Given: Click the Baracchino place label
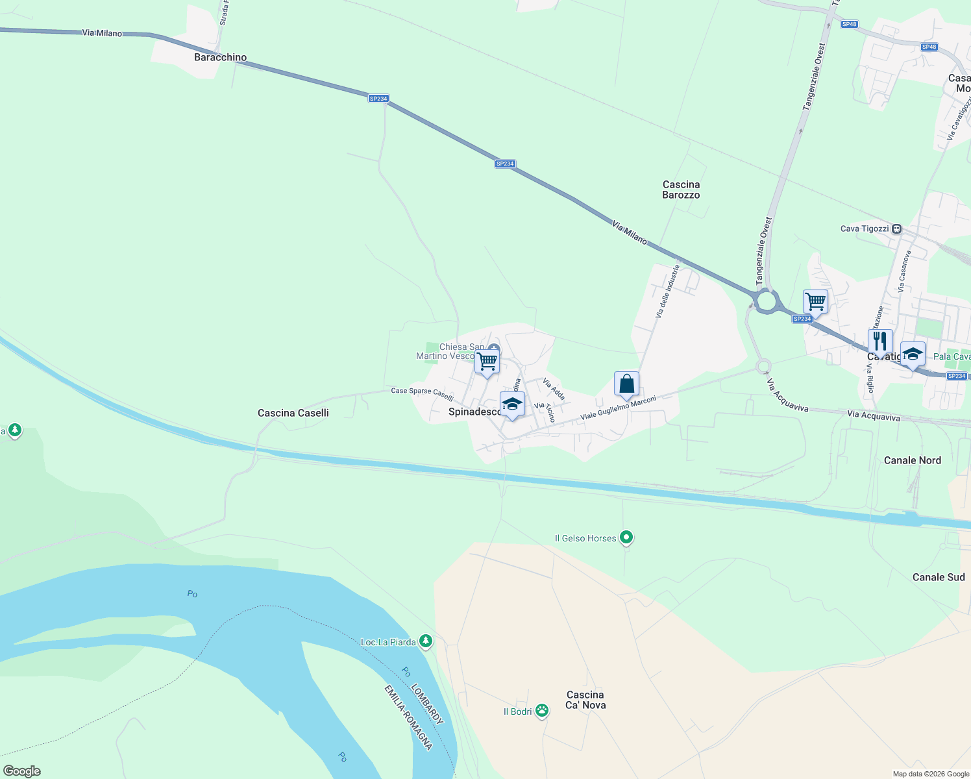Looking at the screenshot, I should click(221, 57).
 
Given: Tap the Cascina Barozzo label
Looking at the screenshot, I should click(681, 190).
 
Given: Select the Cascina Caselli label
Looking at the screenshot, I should click(293, 413).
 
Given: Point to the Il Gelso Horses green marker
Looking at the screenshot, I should click(626, 538).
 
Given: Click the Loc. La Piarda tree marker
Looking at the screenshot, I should click(425, 641).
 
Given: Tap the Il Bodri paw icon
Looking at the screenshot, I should click(542, 711).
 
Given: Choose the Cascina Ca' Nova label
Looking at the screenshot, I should click(585, 700).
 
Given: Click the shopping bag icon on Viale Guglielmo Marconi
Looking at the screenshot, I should click(626, 384).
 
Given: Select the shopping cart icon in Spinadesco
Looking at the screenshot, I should click(487, 361).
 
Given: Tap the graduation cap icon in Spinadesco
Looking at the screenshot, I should click(512, 404).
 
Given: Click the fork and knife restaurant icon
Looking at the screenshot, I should click(880, 341).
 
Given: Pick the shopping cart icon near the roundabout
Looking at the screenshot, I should click(815, 301).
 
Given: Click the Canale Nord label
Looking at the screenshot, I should click(912, 460).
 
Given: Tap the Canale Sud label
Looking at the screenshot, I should click(938, 577).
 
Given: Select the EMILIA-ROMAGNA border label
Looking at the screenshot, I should click(408, 717).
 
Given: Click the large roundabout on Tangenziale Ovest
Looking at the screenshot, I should click(766, 301).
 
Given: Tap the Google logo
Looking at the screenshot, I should click(22, 771).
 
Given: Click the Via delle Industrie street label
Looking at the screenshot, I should click(668, 290).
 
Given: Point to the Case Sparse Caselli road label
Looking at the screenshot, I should click(422, 394).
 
